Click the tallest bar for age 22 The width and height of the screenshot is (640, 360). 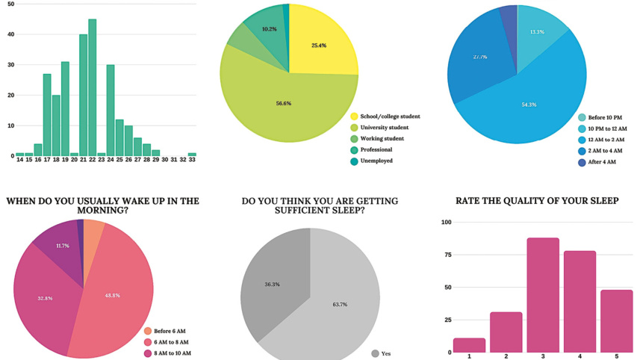tap(92, 87)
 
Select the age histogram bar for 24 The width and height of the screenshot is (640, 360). tap(111, 111)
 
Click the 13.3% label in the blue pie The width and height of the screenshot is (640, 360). tap(536, 32)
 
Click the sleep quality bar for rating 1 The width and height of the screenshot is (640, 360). tap(469, 345)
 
